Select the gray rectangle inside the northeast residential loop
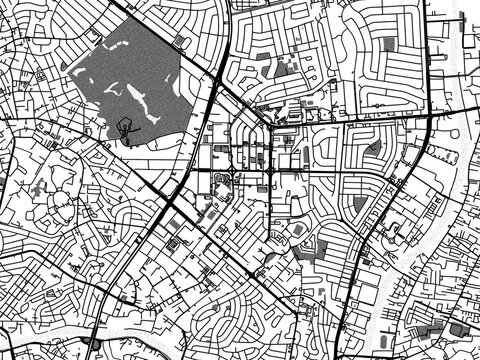[x=389, y=44]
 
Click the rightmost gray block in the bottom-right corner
[x=461, y=329]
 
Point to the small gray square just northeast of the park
[x=179, y=41]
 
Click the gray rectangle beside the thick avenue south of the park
[x=172, y=226]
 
